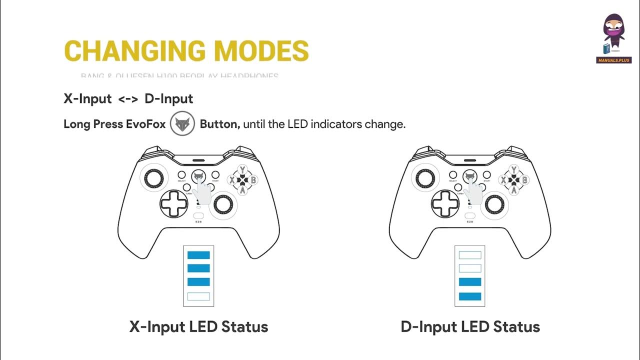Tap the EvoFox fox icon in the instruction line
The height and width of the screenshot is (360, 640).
(x=182, y=123)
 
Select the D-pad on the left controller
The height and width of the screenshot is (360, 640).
(x=174, y=202)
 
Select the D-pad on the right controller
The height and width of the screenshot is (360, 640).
(x=445, y=202)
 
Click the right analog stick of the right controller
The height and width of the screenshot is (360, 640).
(x=494, y=202)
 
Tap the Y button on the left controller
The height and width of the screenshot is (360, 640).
(x=242, y=170)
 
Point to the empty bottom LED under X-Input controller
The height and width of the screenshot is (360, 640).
(x=198, y=296)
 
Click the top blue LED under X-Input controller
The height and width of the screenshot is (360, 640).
(x=198, y=255)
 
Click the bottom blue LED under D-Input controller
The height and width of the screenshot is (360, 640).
(x=470, y=296)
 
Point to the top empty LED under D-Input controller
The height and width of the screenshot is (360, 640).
(x=470, y=255)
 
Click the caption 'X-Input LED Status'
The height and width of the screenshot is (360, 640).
(x=199, y=327)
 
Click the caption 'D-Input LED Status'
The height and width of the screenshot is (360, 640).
(x=470, y=327)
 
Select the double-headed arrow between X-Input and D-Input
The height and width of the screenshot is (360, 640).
(x=128, y=99)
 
